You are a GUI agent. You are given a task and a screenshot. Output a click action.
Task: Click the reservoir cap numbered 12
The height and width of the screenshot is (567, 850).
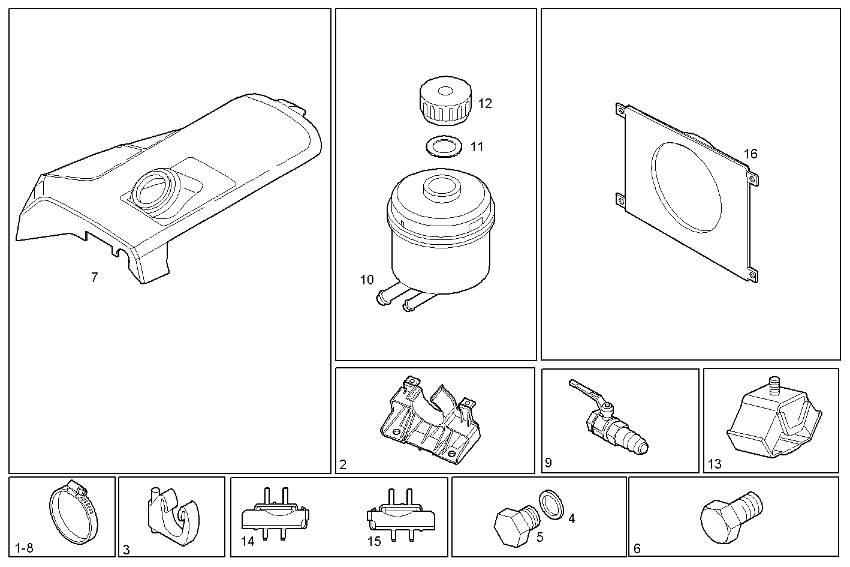(x=445, y=103)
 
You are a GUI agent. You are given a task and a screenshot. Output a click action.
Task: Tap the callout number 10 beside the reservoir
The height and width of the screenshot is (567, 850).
(x=367, y=280)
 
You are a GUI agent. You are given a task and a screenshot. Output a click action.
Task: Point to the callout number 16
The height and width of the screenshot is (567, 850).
(x=750, y=154)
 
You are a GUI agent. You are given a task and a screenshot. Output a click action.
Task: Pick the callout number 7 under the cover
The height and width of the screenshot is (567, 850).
(x=94, y=278)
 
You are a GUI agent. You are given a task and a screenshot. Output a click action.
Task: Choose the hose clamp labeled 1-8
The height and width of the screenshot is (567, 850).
(x=73, y=512)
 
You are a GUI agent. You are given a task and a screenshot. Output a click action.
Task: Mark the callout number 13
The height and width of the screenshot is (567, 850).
(x=715, y=464)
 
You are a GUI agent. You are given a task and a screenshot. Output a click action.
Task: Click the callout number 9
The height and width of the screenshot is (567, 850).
(x=548, y=463)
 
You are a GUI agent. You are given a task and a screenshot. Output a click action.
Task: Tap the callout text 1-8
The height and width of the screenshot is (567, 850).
(x=25, y=548)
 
